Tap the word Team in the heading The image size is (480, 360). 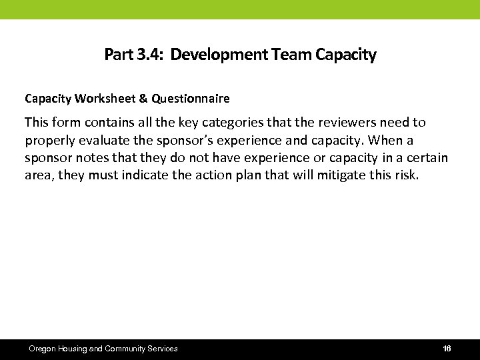292,55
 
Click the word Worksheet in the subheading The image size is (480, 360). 105,99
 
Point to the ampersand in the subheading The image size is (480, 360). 143,99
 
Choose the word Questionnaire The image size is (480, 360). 191,99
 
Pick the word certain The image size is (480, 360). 425,159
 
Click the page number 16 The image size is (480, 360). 447,349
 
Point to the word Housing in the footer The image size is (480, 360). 73,349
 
